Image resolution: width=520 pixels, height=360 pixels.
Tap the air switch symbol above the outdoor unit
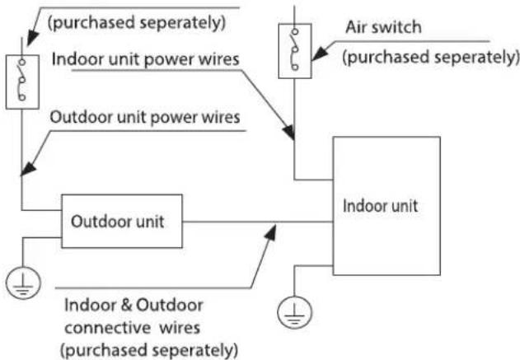point(22,82)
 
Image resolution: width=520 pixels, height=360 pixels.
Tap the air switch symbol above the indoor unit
point(295,51)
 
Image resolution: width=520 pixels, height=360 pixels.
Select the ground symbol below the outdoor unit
point(23,283)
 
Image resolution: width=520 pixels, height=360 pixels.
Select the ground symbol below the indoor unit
point(294,312)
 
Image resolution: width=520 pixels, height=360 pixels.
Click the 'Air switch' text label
point(383,27)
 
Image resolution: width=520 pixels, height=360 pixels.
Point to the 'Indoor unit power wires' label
point(145,59)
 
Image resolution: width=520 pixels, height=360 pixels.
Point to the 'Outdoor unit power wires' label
point(145,118)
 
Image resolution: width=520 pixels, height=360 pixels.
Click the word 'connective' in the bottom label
point(108,328)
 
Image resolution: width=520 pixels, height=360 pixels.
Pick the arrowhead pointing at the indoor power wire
point(288,132)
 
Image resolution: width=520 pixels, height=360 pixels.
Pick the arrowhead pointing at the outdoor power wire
point(28,169)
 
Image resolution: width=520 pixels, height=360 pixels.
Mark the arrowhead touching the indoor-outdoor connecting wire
point(270,231)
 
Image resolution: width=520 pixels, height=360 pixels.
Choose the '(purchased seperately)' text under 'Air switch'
point(430,58)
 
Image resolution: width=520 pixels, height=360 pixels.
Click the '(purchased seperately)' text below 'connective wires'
point(149,350)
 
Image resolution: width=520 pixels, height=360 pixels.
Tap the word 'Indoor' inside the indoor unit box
point(360,205)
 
